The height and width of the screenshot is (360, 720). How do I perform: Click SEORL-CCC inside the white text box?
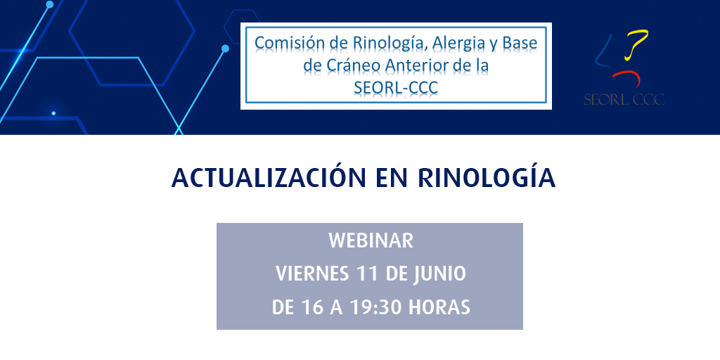point(397,89)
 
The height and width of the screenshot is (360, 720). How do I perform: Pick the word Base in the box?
point(520,44)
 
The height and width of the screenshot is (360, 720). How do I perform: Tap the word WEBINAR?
point(371,240)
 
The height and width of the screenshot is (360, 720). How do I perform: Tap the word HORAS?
point(440,307)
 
